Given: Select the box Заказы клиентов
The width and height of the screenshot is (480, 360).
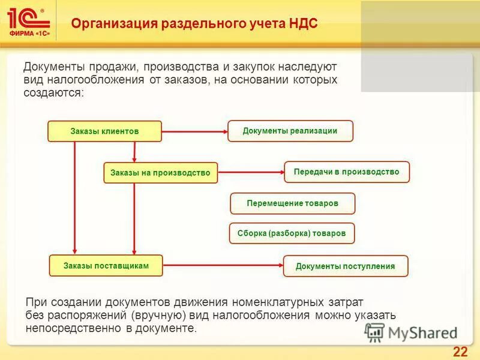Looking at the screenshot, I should click(x=104, y=131).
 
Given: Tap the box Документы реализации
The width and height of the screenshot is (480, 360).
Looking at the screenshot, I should click(x=290, y=131).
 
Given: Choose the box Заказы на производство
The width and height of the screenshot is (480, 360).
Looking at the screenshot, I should click(x=160, y=173).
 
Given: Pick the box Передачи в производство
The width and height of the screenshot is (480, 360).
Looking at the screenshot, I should click(x=346, y=172).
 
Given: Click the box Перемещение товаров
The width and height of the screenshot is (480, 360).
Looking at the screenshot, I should click(x=292, y=203).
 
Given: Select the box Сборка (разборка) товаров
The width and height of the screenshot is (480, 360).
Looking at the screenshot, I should click(x=292, y=233).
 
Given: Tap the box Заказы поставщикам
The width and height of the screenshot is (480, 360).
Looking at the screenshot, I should click(x=106, y=265).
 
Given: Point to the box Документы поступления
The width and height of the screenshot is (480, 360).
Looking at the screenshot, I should click(x=345, y=266).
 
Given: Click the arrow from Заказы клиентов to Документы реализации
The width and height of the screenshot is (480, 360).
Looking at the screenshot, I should click(x=194, y=131).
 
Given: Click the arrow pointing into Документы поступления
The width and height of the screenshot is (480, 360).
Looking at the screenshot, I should click(x=223, y=265).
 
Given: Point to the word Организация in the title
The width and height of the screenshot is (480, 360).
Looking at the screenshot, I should click(x=114, y=25).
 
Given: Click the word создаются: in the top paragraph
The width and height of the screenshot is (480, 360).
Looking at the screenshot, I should click(x=54, y=93).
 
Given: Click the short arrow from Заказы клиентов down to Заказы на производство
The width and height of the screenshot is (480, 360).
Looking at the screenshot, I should click(x=134, y=152).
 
